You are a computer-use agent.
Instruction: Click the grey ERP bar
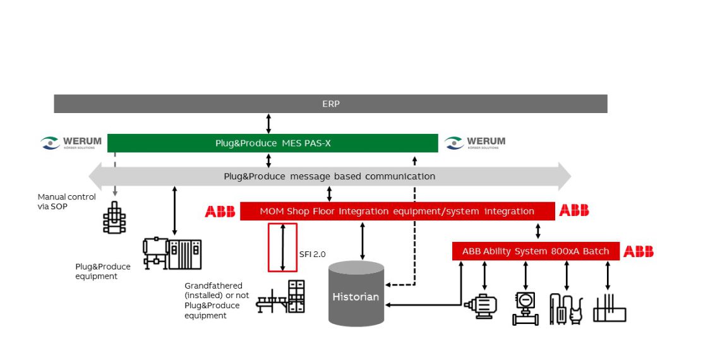[330, 104]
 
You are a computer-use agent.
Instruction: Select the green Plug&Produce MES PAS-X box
[272, 143]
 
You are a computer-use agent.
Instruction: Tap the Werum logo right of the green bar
[475, 143]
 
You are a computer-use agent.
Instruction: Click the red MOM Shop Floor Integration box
[397, 211]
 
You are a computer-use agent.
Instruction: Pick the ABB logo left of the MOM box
[220, 211]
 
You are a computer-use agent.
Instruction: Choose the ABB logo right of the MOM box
[574, 211]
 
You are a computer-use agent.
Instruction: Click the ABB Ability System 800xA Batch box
[535, 251]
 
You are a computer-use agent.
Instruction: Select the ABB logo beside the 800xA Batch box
[639, 252]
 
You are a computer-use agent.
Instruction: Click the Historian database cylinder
[356, 294]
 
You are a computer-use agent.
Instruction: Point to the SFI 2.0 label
[313, 255]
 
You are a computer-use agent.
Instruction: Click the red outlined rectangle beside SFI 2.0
[282, 247]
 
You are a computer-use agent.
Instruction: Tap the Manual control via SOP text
[66, 201]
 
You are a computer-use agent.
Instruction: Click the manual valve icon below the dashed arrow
[114, 218]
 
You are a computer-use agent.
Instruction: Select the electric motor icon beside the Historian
[481, 307]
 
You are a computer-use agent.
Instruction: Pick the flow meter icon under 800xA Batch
[525, 308]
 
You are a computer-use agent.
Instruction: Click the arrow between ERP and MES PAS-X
[268, 123]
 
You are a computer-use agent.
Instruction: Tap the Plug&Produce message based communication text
[329, 176]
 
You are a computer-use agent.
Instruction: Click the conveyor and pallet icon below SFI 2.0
[280, 297]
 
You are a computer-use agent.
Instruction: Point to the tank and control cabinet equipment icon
[172, 254]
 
